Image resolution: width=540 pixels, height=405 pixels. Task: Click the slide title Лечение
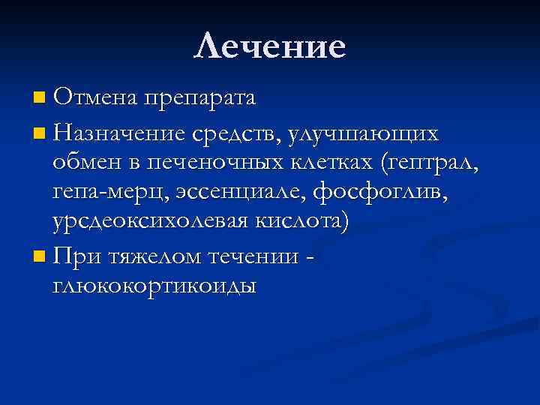[270, 46]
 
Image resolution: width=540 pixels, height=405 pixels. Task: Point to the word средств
[236, 134]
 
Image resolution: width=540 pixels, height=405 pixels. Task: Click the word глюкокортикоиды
[154, 287]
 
